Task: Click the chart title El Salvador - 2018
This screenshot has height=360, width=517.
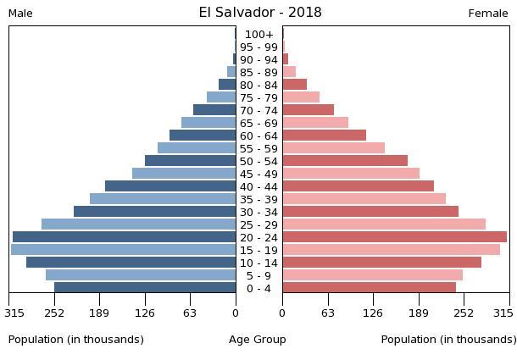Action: tap(260, 13)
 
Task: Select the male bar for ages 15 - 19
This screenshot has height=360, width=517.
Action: tap(123, 250)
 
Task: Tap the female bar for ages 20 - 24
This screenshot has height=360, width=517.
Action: tap(394, 237)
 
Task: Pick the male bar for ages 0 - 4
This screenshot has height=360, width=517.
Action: tap(145, 288)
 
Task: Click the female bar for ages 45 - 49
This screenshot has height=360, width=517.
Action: tap(351, 174)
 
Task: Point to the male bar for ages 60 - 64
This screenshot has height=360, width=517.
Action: tap(203, 136)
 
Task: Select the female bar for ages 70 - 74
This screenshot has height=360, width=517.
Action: tap(308, 110)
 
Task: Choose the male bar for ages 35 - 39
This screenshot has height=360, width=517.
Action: tap(163, 199)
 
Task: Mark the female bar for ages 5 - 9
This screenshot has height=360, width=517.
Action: tap(372, 275)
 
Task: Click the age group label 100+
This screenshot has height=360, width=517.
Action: tap(258, 35)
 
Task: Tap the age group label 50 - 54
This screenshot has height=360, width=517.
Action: tap(258, 162)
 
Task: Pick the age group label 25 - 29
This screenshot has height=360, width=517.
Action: tap(258, 225)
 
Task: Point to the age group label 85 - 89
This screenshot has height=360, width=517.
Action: tap(258, 73)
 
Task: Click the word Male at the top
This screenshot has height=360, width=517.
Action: tap(20, 14)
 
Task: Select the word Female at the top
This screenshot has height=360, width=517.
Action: tap(488, 14)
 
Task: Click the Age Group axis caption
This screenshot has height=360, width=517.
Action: tap(258, 340)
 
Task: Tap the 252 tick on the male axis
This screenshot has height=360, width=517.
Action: tap(54, 313)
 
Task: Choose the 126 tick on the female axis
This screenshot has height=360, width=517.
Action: tap(373, 313)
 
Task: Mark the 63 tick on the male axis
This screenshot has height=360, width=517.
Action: tap(190, 313)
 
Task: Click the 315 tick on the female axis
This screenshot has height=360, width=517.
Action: tap(503, 313)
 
